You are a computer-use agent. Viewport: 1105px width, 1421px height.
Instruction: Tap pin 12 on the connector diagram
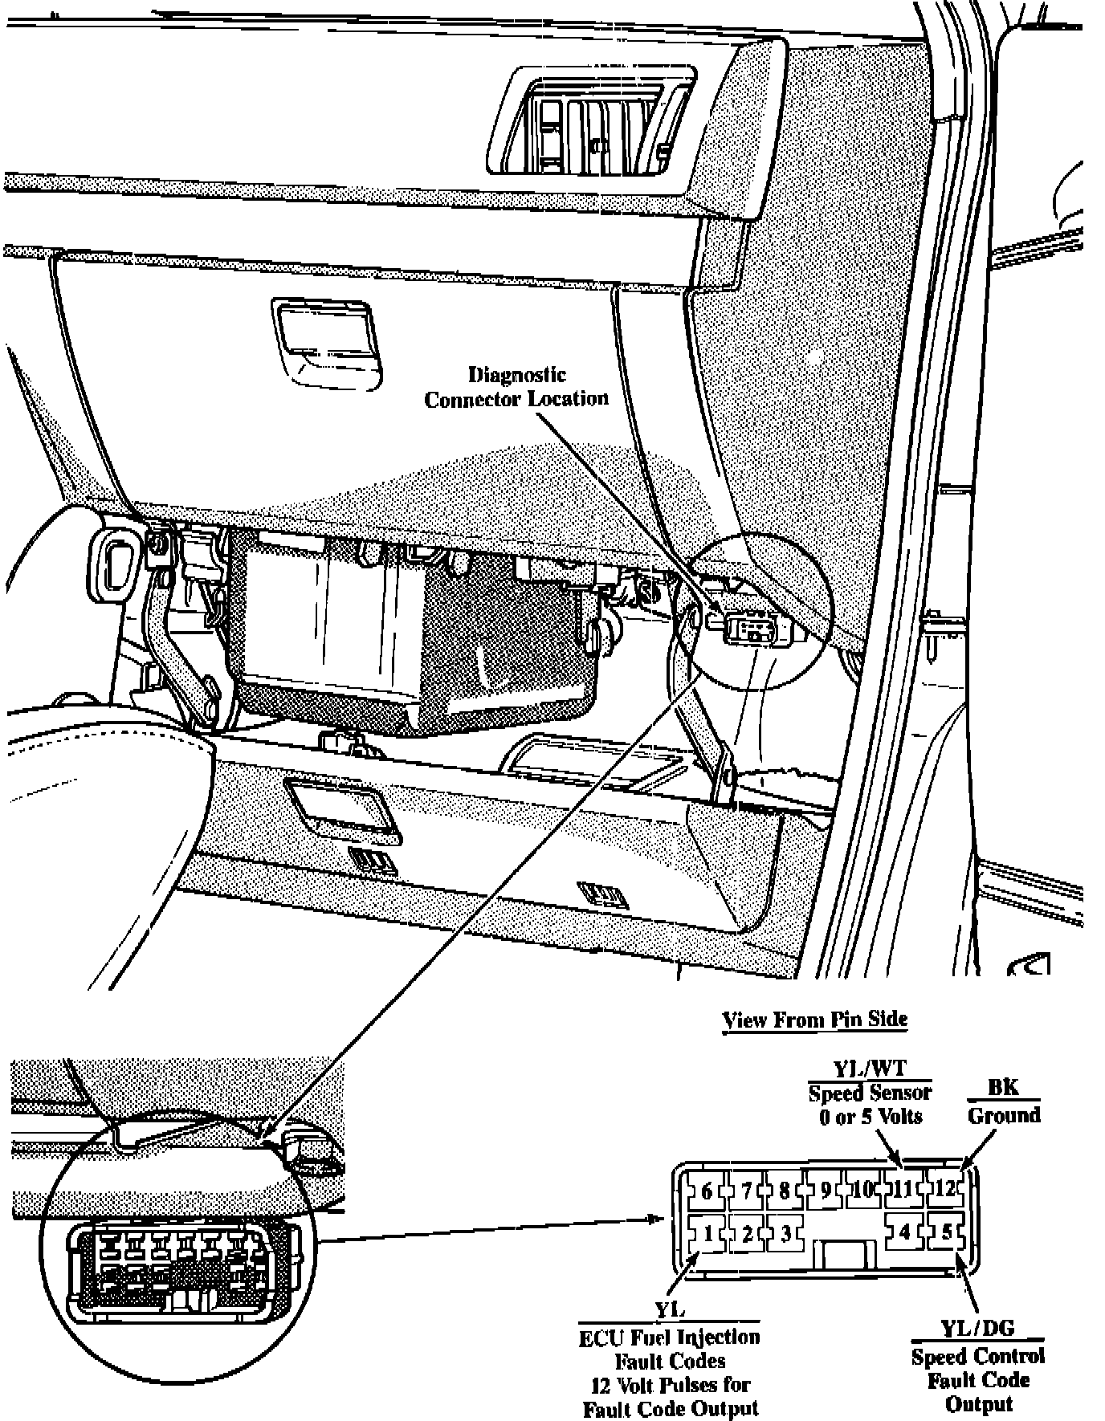945,1188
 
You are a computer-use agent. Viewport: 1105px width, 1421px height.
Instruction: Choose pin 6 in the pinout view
707,1190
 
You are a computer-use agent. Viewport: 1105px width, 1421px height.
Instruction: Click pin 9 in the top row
825,1189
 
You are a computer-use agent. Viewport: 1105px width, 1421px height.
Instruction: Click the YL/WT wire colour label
869,1069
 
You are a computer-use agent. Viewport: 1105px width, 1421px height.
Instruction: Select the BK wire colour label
1003,1087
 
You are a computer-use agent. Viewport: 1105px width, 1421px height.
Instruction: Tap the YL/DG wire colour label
977,1329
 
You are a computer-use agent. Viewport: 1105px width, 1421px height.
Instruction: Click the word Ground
1004,1115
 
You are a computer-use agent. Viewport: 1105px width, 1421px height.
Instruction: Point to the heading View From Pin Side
814,1020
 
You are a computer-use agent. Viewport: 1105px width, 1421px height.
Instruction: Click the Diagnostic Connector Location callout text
516,387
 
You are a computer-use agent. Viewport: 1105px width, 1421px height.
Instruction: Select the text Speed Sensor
870,1093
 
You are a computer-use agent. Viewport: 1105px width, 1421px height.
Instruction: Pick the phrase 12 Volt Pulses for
670,1385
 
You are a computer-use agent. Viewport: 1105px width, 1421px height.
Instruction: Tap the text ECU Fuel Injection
669,1337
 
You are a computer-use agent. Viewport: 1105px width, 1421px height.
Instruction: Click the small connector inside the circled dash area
751,628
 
